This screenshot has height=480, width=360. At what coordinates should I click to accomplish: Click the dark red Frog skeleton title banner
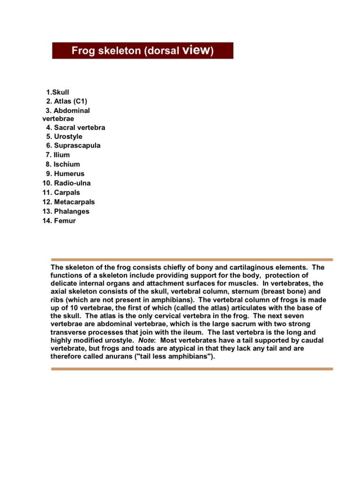tap(142, 51)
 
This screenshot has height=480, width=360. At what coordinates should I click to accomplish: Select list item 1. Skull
tap(58, 92)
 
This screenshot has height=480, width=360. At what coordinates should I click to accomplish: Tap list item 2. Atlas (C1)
tap(67, 101)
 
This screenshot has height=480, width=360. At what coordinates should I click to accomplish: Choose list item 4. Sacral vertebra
tap(75, 127)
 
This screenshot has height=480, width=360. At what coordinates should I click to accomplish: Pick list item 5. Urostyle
tap(64, 136)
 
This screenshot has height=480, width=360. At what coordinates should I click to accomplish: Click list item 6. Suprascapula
tap(73, 146)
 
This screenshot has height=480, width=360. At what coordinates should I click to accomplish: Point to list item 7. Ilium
tap(58, 155)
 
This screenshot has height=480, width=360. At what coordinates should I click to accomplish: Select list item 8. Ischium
tap(63, 164)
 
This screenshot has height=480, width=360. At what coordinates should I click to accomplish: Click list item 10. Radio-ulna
tap(67, 183)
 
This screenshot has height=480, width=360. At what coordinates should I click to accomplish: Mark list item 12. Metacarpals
tap(68, 202)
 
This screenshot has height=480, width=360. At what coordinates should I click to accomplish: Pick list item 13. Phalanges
tap(66, 211)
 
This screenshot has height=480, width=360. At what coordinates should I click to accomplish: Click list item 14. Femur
tap(59, 221)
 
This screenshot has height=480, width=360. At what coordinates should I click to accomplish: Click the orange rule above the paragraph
tap(192, 259)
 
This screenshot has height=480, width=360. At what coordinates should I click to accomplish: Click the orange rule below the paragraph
tap(192, 369)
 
